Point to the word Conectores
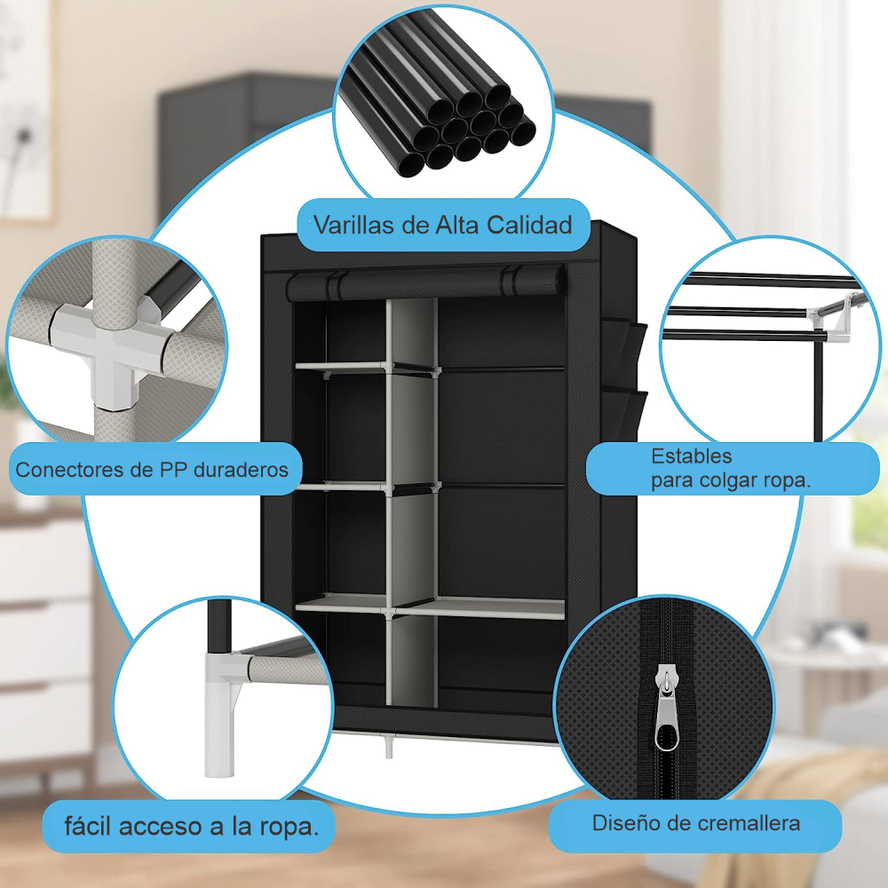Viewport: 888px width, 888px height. tap(71, 469)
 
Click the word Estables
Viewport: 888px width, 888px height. tap(692, 456)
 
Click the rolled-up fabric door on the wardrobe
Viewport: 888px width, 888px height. tap(425, 284)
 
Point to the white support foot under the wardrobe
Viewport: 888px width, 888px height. tap(388, 747)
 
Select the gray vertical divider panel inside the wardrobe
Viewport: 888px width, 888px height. tap(412, 497)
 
